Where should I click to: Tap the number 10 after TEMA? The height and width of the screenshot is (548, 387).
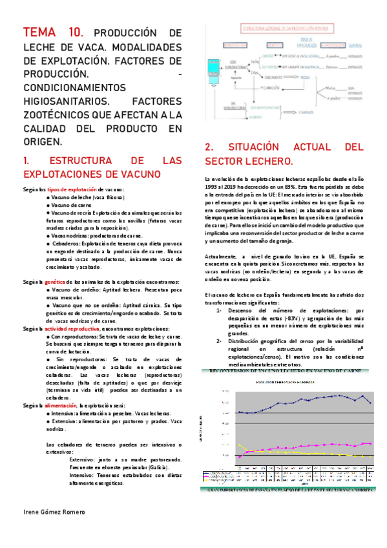(75, 33)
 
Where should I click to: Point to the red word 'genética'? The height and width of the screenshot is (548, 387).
(58, 282)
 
